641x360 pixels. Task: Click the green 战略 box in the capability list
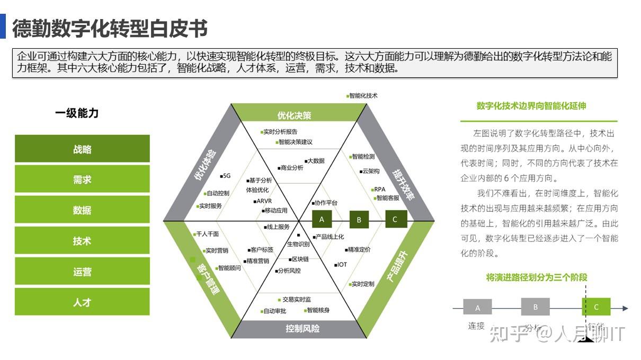[82, 149]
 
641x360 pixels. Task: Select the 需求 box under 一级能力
[82, 179]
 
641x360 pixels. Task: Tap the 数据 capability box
[82, 210]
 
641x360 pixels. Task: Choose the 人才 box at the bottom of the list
[82, 302]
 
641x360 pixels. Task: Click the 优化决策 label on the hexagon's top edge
[294, 115]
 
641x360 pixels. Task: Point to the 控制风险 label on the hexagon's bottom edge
[302, 329]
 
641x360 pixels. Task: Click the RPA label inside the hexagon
[379, 189]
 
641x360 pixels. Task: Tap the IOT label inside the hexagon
[341, 264]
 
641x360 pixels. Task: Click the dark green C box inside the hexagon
[395, 219]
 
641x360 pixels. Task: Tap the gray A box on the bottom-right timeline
[477, 307]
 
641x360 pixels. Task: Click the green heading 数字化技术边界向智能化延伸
[531, 106]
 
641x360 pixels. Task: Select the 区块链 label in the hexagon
[300, 259]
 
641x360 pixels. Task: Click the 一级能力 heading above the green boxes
[77, 113]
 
